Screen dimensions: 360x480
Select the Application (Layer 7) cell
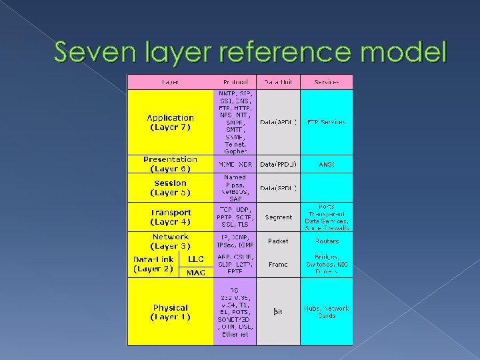[171, 122]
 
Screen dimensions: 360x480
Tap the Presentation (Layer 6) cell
[171, 164]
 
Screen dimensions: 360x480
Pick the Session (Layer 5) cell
[171, 187]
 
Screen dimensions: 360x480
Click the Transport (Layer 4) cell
[171, 217]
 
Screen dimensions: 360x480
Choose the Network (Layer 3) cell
[171, 241]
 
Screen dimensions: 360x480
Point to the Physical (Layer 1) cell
[171, 312]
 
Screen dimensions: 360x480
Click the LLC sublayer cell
[196, 258]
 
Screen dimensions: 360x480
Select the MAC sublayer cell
[196, 272]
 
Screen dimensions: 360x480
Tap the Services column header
[327, 82]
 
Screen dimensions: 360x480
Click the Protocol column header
[235, 82]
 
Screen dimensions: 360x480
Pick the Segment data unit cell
[278, 217]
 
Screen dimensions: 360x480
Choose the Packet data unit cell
[278, 241]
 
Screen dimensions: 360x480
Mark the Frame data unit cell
[278, 264]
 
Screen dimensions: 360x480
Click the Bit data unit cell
[278, 311]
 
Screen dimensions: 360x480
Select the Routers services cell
[327, 241]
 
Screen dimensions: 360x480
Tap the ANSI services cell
[327, 163]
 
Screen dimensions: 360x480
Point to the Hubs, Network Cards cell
[327, 311]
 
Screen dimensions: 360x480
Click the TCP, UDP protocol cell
[235, 217]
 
